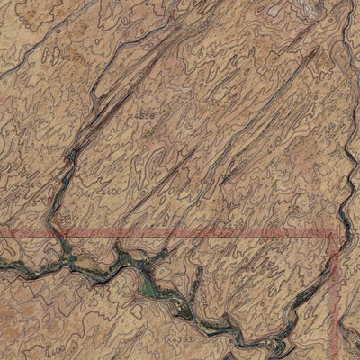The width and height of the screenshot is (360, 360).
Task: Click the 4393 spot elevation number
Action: coord(182,339)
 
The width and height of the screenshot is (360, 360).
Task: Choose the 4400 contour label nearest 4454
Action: coord(111,191)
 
